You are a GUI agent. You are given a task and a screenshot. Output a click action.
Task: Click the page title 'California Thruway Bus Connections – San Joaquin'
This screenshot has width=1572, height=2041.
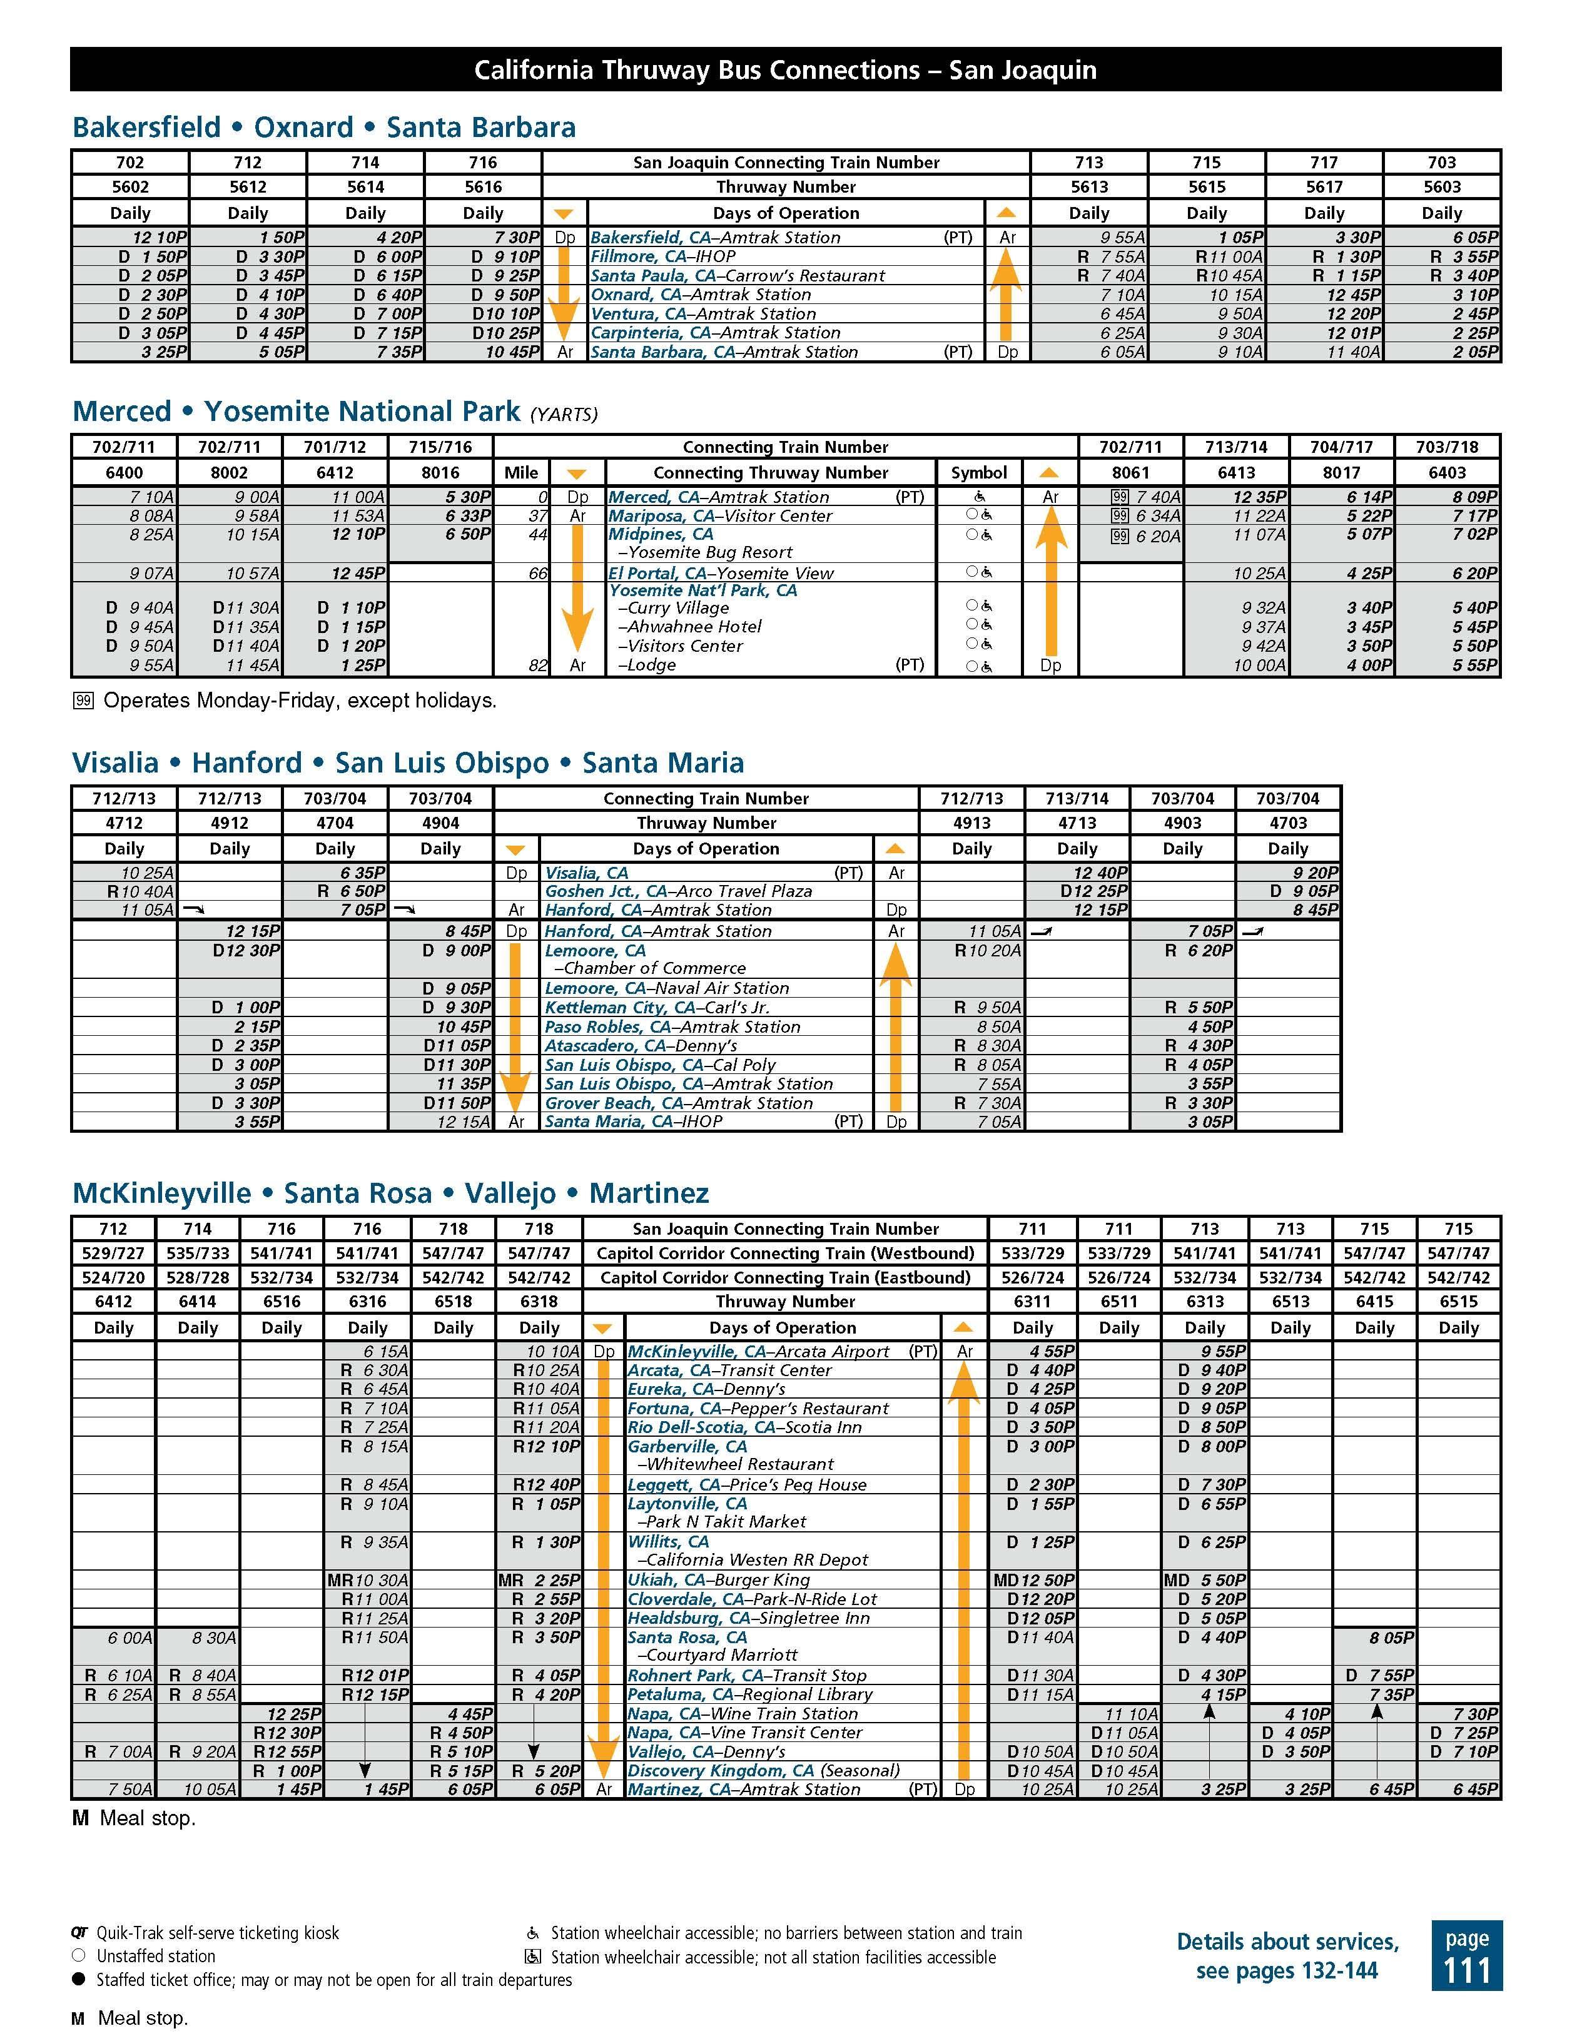pos(785,70)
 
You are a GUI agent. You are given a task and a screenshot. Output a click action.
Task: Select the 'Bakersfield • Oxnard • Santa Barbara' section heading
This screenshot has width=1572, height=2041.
pos(323,127)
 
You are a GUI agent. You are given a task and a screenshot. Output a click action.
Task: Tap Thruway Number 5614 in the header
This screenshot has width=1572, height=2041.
pos(365,187)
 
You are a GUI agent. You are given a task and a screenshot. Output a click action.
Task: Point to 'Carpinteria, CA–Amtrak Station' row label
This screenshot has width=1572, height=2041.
pos(715,333)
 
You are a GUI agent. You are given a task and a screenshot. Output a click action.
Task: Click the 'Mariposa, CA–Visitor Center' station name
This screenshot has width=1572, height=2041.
pos(719,516)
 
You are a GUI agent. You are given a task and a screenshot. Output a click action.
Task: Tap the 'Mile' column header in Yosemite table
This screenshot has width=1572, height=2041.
pos(520,472)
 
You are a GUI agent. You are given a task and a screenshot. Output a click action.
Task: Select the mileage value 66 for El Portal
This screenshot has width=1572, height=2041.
pos(537,573)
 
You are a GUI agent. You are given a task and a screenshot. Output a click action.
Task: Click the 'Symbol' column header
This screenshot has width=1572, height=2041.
pos(978,472)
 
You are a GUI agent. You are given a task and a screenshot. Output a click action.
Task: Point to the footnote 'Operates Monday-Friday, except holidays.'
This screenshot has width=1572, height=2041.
pos(299,701)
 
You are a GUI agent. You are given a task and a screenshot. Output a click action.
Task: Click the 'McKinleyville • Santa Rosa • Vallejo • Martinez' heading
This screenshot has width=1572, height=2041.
pos(391,1193)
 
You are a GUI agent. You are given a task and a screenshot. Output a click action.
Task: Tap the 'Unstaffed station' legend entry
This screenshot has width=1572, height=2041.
pos(155,1956)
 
